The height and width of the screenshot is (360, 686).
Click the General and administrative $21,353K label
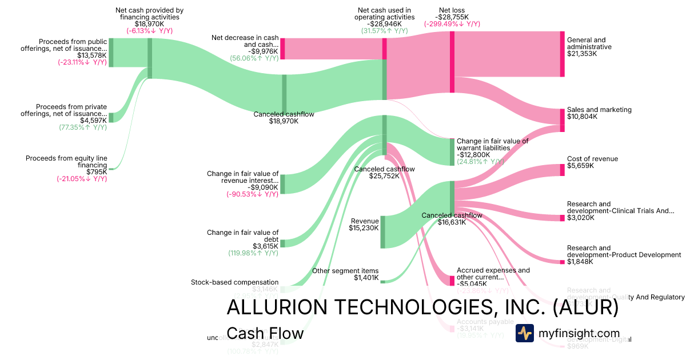589,46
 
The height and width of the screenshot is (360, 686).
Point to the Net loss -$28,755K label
452,14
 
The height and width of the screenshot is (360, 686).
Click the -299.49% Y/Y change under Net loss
452,24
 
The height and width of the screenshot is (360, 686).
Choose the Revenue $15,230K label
365,225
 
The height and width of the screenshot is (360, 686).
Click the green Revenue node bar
382,232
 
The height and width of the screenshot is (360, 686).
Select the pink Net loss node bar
452,62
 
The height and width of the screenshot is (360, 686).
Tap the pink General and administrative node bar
562,54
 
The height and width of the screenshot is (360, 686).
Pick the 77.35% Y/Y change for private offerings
83,127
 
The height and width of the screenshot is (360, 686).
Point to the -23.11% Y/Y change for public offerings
82,63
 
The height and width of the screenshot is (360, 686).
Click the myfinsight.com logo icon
524,333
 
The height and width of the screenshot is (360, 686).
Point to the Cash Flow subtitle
265,333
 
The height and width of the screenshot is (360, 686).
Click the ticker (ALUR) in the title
578,307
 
